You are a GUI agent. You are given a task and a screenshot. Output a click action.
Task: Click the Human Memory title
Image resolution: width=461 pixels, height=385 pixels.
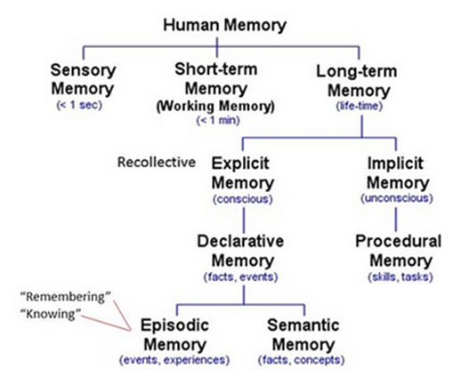point(224,26)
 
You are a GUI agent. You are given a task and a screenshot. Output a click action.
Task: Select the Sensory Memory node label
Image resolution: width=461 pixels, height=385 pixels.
point(83,79)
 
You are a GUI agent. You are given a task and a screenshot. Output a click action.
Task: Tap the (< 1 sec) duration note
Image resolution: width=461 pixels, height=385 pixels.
point(79,105)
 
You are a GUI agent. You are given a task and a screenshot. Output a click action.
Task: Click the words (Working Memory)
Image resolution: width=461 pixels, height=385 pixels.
point(215,106)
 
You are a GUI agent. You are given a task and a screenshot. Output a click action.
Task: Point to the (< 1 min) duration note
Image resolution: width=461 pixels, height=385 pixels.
point(218,120)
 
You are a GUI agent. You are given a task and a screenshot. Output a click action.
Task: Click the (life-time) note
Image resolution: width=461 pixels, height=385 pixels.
point(359,106)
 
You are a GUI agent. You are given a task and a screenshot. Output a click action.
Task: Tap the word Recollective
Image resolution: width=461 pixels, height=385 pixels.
point(157,162)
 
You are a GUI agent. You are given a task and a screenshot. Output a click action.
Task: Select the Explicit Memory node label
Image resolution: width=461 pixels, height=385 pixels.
point(242,173)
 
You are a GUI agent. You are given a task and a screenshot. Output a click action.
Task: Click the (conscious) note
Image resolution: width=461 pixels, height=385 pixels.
point(243,199)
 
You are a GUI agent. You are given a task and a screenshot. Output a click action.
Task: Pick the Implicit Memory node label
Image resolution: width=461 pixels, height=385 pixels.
point(398,173)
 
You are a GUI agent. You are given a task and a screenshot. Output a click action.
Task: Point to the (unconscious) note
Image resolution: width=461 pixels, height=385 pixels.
point(397,198)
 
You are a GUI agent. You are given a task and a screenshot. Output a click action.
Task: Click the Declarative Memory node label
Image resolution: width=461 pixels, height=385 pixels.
point(240,251)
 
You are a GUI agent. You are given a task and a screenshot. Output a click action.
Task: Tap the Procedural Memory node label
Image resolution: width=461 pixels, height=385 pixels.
point(399,251)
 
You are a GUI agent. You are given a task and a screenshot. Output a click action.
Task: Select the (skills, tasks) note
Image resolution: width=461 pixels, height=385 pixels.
point(400,277)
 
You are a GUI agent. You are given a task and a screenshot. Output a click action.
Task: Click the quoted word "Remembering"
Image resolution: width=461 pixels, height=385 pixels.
point(66,297)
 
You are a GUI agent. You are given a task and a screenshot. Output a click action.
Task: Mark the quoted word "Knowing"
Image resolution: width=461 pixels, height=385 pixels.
point(51,314)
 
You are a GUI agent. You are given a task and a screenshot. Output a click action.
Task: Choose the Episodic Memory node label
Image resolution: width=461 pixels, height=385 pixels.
point(174,335)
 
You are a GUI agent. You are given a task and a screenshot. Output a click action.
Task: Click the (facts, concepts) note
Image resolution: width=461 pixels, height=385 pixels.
point(302,360)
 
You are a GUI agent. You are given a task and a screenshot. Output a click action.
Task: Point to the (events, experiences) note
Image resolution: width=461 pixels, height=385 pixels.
point(174,360)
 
